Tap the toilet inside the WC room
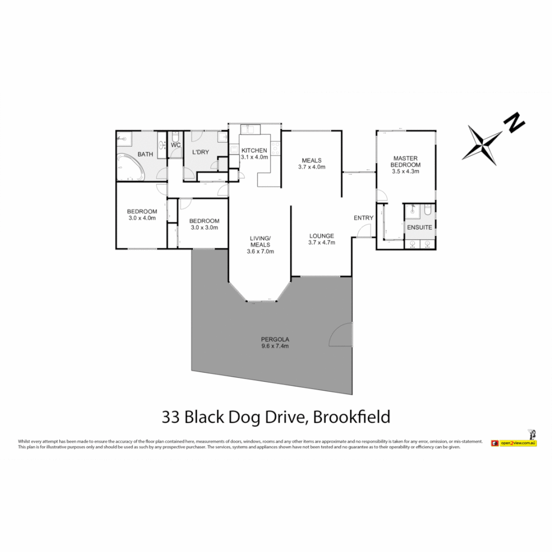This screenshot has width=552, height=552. click(x=175, y=137)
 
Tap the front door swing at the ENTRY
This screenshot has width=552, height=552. click(x=364, y=231)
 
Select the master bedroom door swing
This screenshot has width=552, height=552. click(x=381, y=195)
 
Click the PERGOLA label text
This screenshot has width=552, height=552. click(x=275, y=339)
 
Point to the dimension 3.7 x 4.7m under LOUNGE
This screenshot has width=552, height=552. click(x=321, y=242)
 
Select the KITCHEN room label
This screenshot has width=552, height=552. click(x=254, y=150)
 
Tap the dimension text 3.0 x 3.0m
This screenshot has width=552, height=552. click(x=204, y=227)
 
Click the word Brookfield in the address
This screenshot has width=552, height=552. click(x=351, y=417)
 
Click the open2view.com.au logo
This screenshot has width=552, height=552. click(x=513, y=443)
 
